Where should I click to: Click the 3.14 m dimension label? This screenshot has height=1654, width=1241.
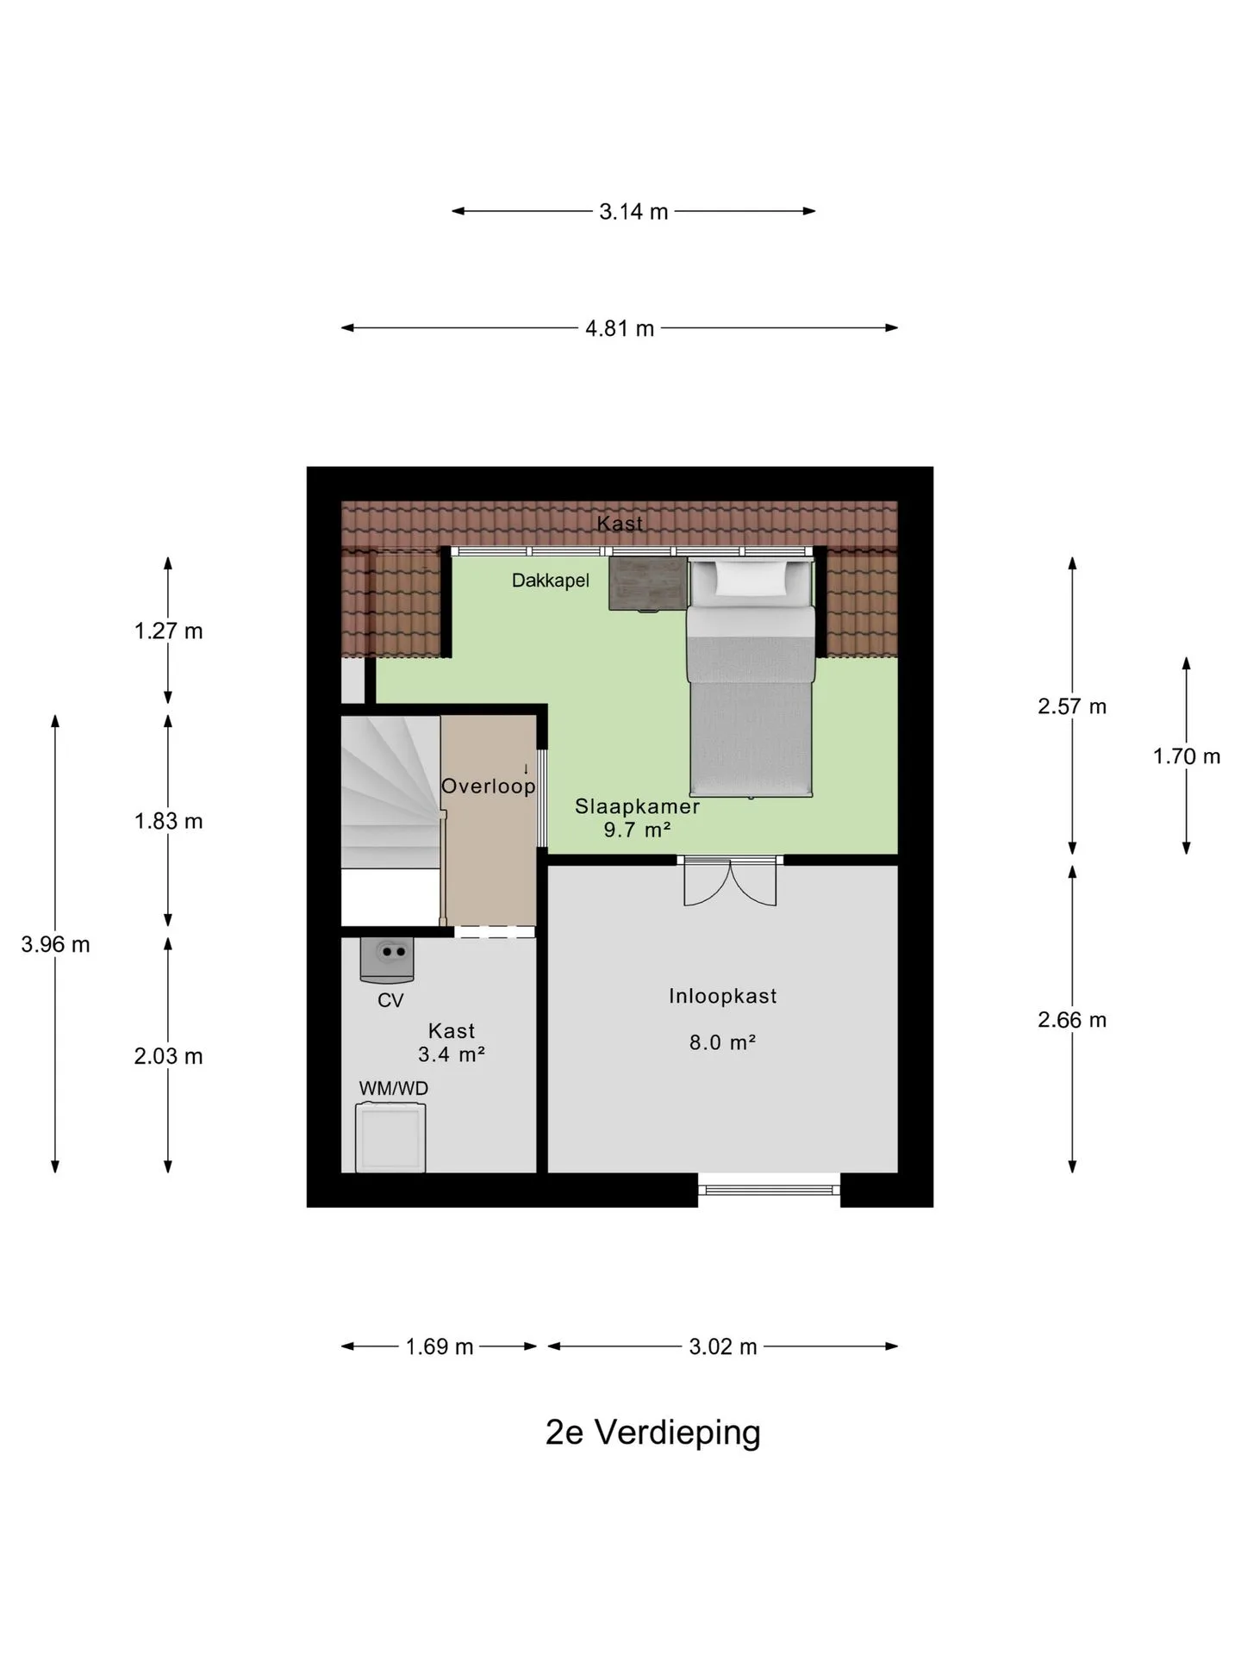coord(633,212)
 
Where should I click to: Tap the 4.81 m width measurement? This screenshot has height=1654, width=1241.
coord(620,328)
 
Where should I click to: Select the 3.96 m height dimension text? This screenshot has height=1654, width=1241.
coord(55,944)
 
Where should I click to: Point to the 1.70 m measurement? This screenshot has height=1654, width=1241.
coord(1187,756)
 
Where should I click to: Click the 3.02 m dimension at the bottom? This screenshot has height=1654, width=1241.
coord(722,1346)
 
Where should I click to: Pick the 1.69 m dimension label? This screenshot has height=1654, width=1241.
coord(440,1346)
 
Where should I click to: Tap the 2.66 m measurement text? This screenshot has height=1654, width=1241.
coord(1072,1020)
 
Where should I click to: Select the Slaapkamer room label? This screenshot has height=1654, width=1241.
coord(637,806)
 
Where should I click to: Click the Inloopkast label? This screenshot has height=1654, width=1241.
coord(723,996)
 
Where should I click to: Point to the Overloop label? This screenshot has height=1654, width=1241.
coord(489,786)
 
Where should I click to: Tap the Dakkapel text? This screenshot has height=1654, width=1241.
coord(551,581)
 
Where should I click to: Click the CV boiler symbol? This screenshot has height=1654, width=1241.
coord(387,960)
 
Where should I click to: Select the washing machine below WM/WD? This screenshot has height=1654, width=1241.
coord(390,1137)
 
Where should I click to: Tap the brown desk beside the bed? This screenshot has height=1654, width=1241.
coord(648,583)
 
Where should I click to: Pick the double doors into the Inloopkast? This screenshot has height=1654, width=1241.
coord(730,880)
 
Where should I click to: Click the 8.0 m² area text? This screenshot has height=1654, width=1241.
coord(722,1042)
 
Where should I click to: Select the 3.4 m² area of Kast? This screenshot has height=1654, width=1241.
coord(452,1054)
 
